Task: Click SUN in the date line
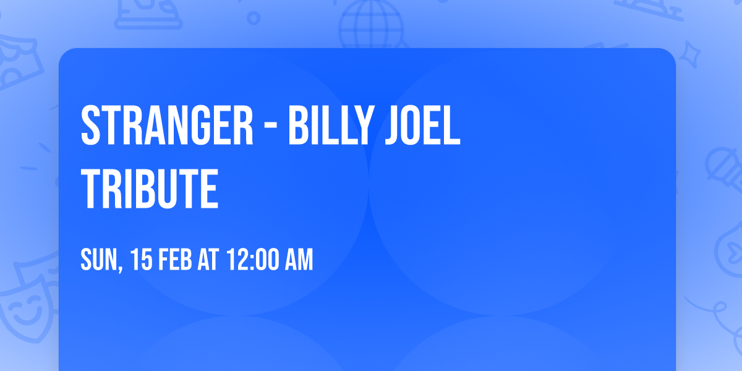98,260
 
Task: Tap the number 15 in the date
141,260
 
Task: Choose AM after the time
299,260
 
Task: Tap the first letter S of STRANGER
92,126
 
